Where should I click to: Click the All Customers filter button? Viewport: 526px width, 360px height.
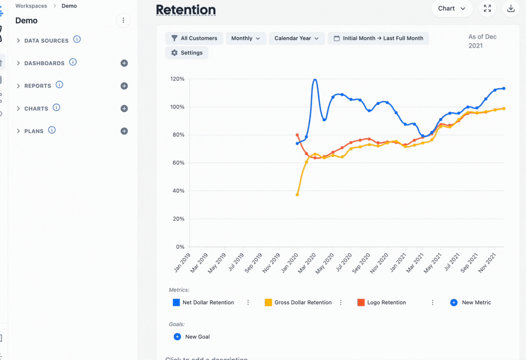[x=194, y=38]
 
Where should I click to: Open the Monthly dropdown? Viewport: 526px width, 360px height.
[x=246, y=38]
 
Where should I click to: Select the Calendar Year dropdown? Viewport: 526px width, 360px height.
[x=297, y=38]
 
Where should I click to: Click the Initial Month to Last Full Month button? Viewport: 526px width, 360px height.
[x=378, y=38]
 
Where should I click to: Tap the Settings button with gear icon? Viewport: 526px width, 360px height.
[x=187, y=53]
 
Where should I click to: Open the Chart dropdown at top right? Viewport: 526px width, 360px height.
[x=452, y=9]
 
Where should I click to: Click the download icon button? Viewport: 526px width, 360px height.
[x=511, y=9]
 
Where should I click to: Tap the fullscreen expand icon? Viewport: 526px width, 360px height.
[x=487, y=9]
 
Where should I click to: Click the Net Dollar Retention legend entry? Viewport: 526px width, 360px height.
[x=203, y=302]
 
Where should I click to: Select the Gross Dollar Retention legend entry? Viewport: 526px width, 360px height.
[x=298, y=302]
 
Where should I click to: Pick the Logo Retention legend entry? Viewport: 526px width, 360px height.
[x=382, y=302]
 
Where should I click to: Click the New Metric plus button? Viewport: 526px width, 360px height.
[x=454, y=302]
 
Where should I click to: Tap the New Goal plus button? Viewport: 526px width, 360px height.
[x=177, y=337]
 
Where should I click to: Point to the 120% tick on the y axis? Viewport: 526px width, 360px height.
[x=177, y=79]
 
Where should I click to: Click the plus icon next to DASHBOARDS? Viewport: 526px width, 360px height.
[x=124, y=63]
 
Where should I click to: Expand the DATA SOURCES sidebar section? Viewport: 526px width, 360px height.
[x=18, y=41]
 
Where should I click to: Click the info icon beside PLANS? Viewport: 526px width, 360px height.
[x=52, y=130]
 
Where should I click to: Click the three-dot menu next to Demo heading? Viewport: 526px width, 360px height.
[x=123, y=20]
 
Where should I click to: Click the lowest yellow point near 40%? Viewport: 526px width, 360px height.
[x=297, y=194]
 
